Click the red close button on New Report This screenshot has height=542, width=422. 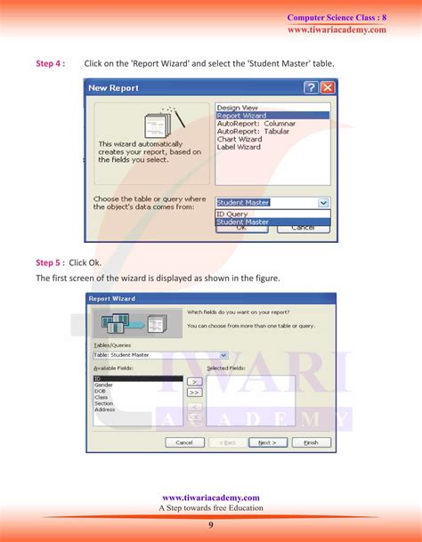coord(328,88)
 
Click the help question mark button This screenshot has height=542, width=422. coord(311,88)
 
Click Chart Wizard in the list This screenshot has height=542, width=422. coord(239,139)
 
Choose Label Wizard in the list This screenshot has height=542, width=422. coord(239,147)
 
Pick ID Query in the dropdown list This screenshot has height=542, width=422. coord(233,214)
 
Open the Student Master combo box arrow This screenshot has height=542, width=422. coord(323,203)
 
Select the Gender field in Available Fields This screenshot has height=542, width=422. coord(103,385)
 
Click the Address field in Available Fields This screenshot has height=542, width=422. coord(105,409)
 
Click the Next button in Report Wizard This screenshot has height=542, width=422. coord(267,442)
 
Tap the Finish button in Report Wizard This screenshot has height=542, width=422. coord(311,442)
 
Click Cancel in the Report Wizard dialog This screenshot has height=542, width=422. coord(184,442)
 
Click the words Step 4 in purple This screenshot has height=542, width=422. coord(50,64)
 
